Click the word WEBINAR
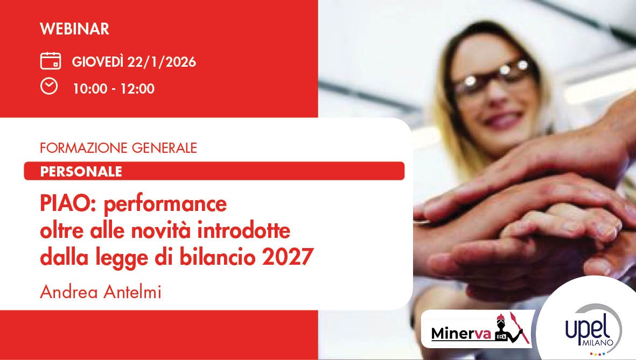74,29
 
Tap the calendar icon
50,61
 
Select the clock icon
49,87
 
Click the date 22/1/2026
162,62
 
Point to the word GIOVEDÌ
97,62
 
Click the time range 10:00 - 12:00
114,89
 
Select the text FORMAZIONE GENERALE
118,147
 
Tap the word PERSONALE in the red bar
81,171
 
